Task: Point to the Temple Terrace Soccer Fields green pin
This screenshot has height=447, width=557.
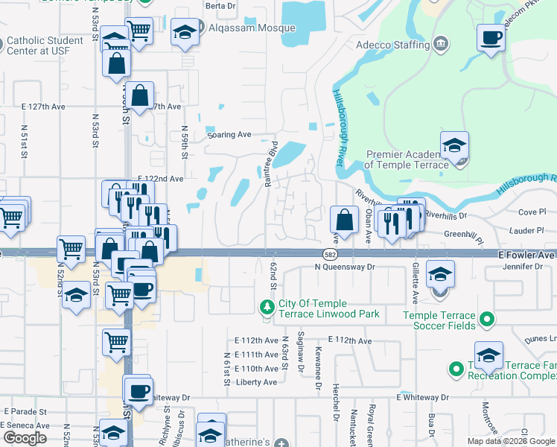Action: tap(487, 320)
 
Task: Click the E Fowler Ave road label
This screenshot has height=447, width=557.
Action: tap(527, 254)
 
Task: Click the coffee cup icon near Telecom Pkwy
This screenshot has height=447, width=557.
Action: tap(491, 37)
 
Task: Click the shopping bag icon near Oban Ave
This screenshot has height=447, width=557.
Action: tap(344, 220)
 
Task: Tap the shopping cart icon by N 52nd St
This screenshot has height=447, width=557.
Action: tap(71, 249)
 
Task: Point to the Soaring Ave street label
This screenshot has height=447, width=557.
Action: tap(229, 135)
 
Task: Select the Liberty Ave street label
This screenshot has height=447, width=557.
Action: tap(255, 382)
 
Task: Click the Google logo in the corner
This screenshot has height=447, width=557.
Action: tap(25, 437)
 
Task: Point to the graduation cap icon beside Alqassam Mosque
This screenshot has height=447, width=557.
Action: tap(185, 32)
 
